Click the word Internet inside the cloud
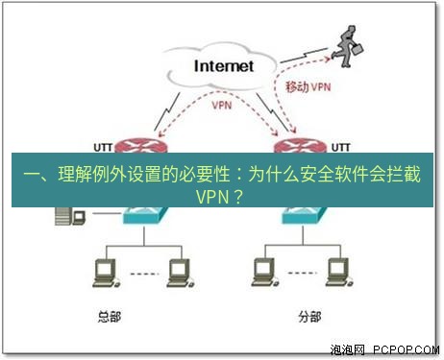point(224,66)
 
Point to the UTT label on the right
point(340,147)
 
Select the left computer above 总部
point(100,274)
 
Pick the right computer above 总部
point(176,274)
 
